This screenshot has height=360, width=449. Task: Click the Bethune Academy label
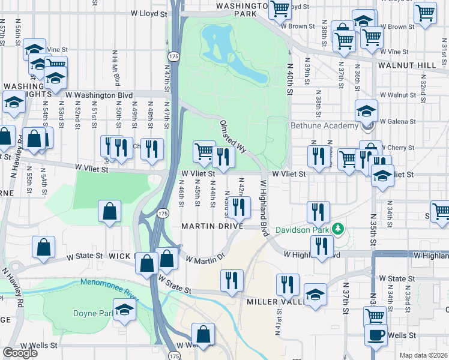coord(324,126)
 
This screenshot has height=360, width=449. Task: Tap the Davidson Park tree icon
coord(338,229)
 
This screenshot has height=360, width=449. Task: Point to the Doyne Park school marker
coord(124,310)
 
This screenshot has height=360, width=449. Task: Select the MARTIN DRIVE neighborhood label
coord(213,226)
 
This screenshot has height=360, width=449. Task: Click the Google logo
coord(20,353)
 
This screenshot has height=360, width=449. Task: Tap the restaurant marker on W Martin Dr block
coord(239,207)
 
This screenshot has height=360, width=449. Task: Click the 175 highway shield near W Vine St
coord(173,56)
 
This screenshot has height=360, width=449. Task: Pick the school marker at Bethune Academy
coord(366,111)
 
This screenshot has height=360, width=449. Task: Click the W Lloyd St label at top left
coord(149,13)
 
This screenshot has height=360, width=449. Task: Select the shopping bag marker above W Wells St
coord(203,335)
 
